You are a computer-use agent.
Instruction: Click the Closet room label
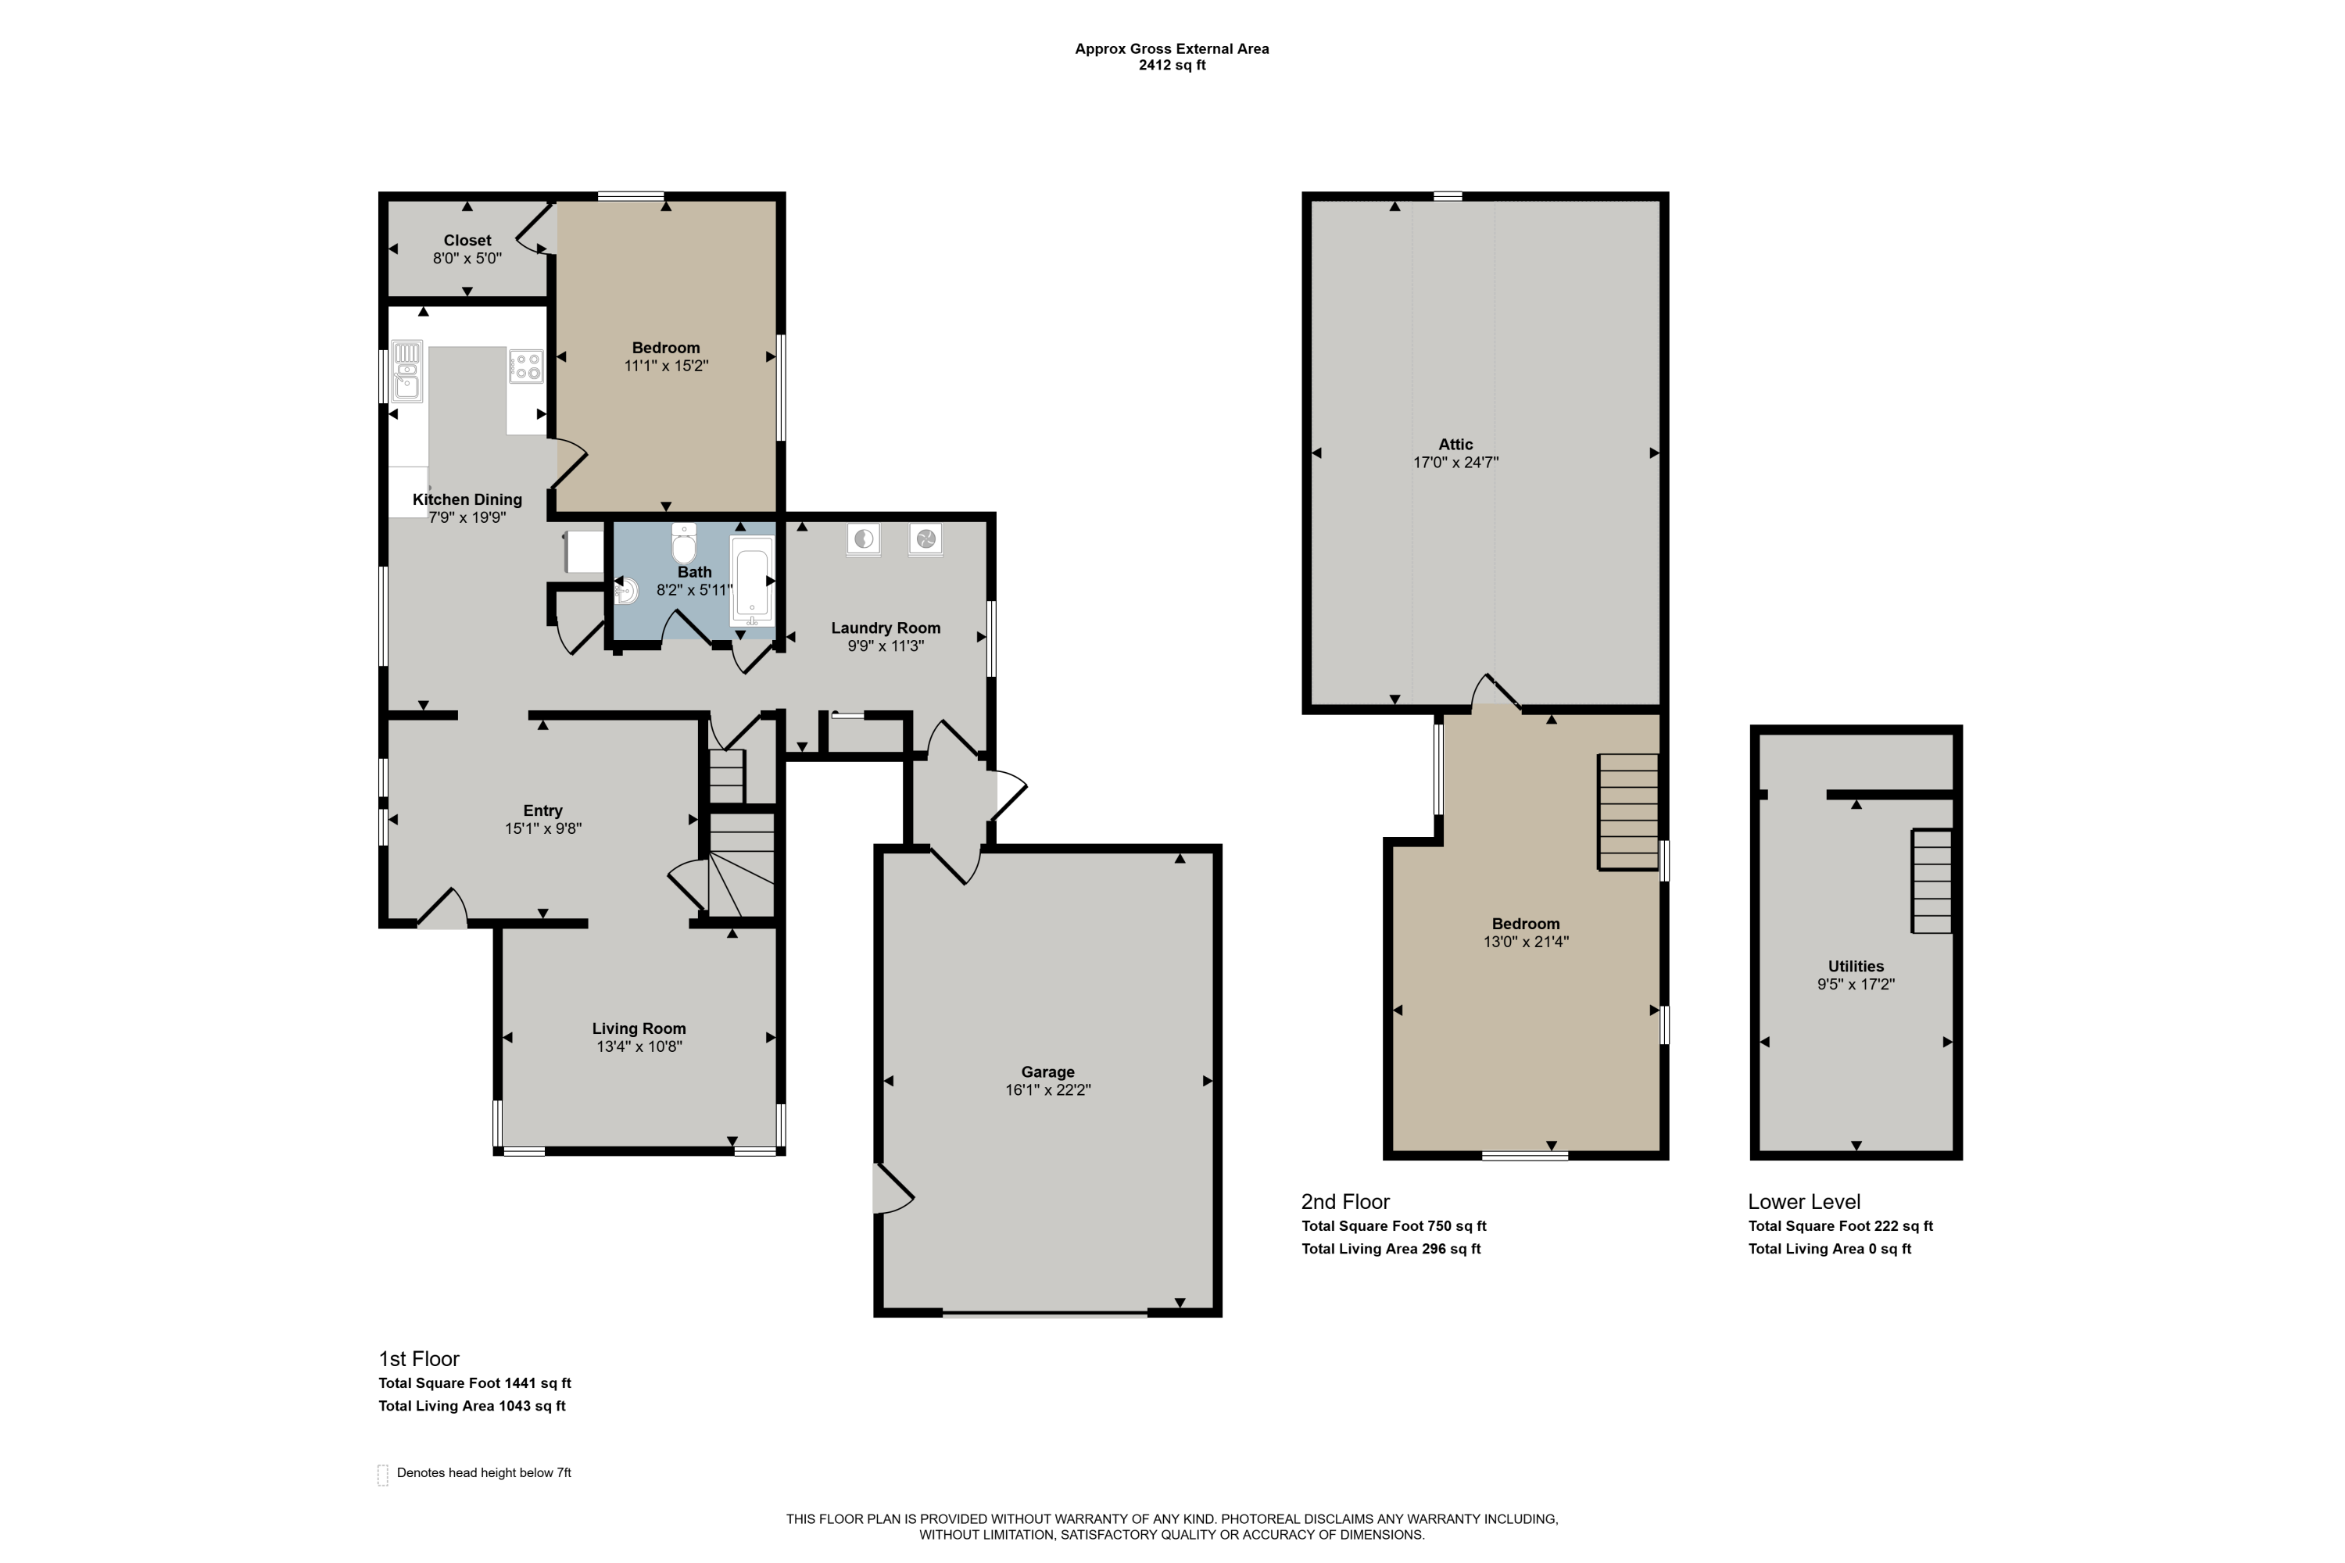click(x=467, y=240)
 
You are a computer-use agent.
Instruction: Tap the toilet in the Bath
click(x=684, y=544)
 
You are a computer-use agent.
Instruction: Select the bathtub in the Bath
click(x=752, y=580)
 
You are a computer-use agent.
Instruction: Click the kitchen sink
click(x=406, y=370)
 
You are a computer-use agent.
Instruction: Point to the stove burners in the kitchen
click(x=525, y=366)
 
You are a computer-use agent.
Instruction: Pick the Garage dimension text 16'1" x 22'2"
click(x=1048, y=1089)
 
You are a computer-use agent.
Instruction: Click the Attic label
click(x=1455, y=445)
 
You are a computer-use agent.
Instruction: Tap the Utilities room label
click(x=1856, y=966)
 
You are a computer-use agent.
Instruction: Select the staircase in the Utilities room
click(x=1931, y=882)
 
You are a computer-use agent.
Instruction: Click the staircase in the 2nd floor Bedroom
click(x=1628, y=813)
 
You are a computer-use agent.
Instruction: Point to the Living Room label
click(x=639, y=1028)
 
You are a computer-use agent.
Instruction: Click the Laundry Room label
click(x=886, y=628)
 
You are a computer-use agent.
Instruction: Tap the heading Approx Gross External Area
click(x=1172, y=48)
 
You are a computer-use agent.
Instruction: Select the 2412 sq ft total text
click(x=1172, y=66)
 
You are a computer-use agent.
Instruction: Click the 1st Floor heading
click(x=419, y=1359)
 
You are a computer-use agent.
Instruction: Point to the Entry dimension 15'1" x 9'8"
click(x=542, y=828)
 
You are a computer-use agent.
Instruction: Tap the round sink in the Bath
click(x=626, y=590)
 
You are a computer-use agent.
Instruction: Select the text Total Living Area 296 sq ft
click(x=1391, y=1249)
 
